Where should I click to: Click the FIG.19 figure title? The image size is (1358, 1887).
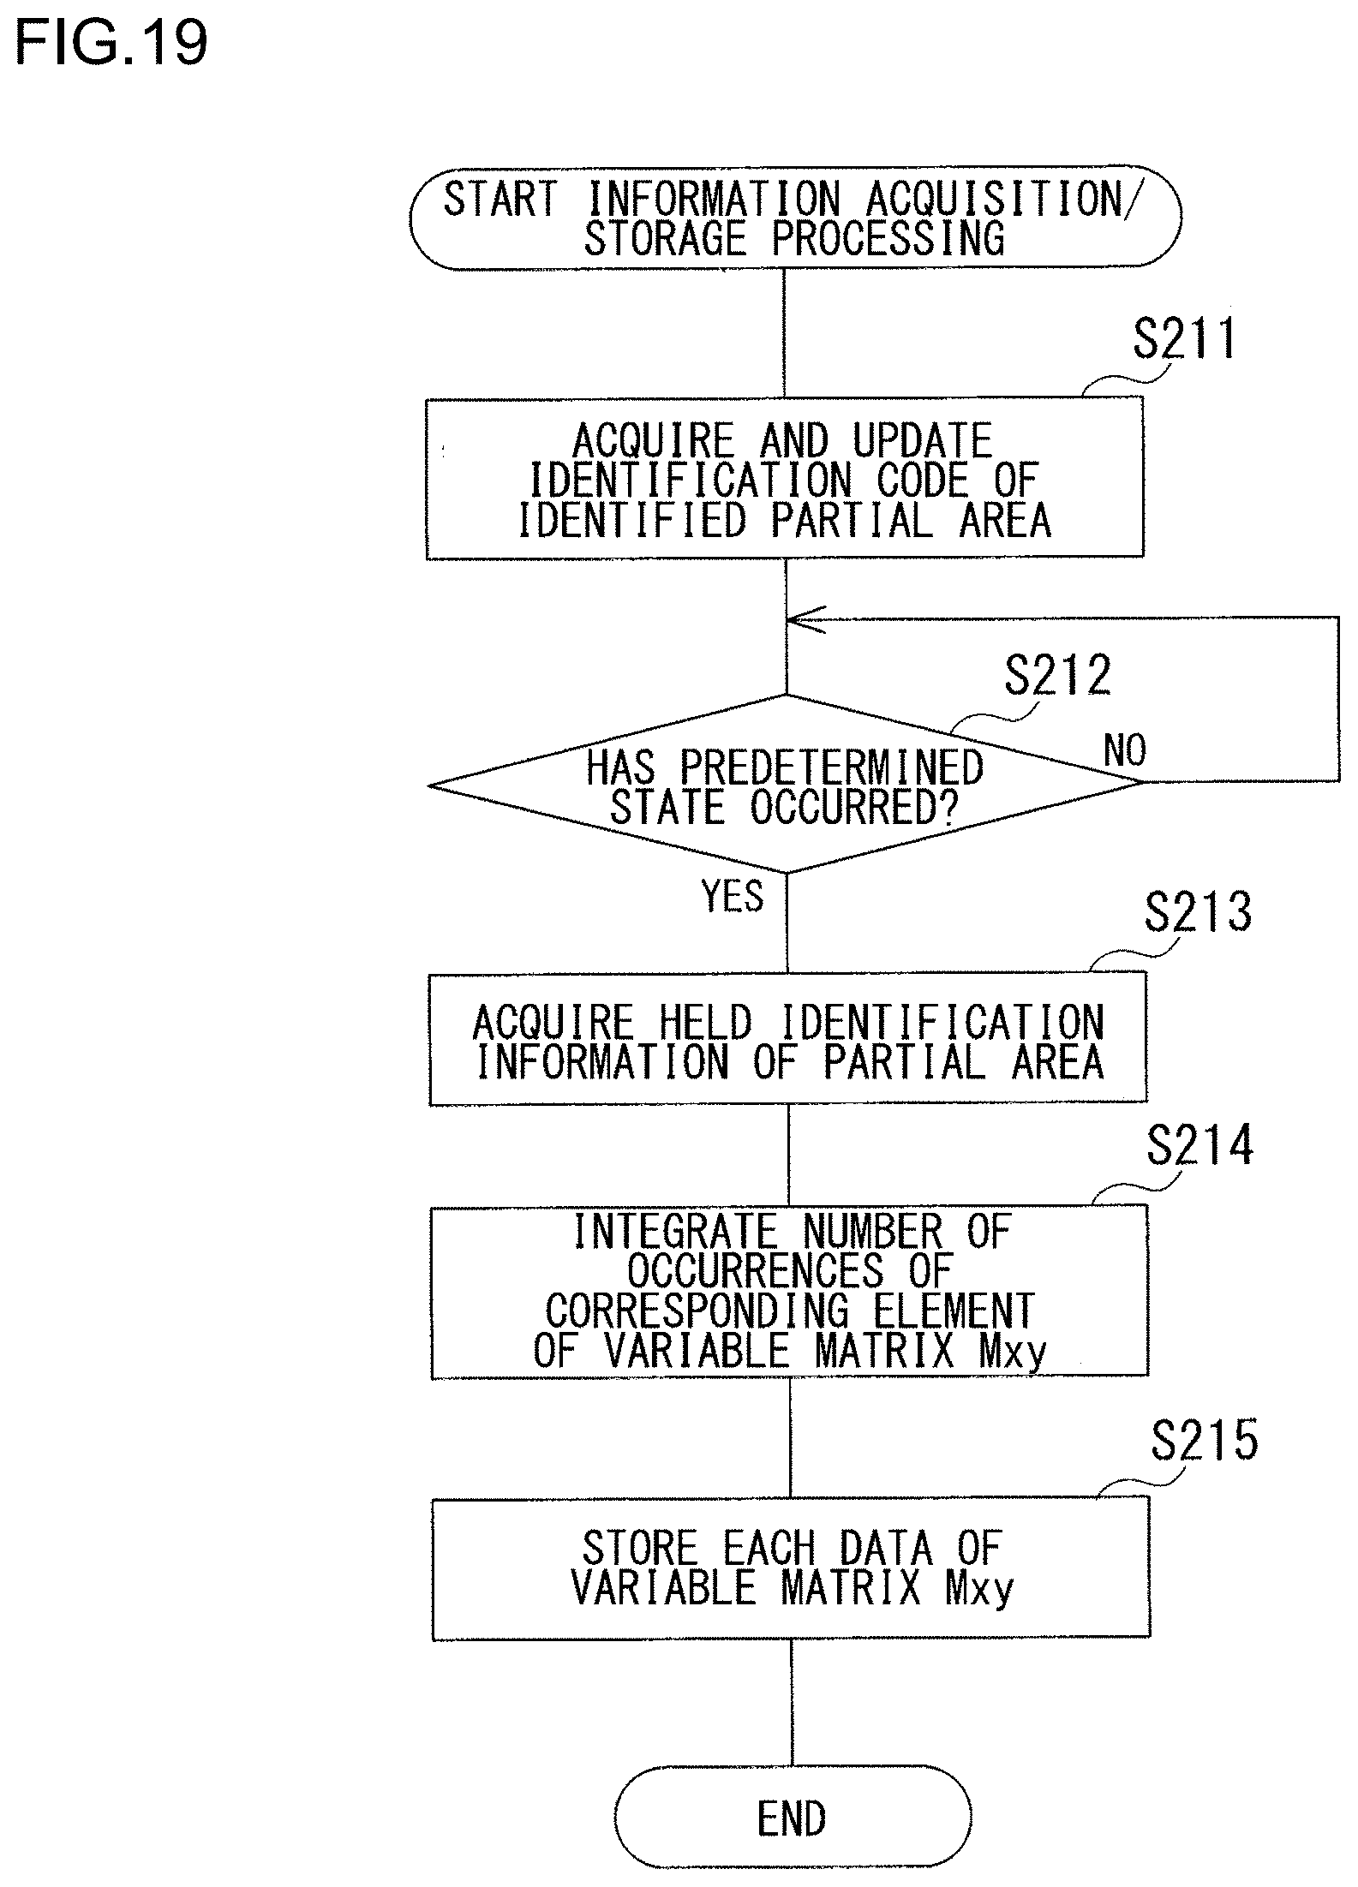pyautogui.click(x=111, y=44)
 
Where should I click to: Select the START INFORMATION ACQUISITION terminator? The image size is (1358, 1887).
pyautogui.click(x=794, y=218)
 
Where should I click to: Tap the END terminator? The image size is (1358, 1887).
pyautogui.click(x=792, y=1818)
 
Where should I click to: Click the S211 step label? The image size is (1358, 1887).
pyautogui.click(x=1184, y=339)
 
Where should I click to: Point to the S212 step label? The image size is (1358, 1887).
pyautogui.click(x=1057, y=676)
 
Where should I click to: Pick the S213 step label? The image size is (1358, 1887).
pyautogui.click(x=1197, y=912)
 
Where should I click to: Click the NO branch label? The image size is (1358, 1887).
pyautogui.click(x=1124, y=751)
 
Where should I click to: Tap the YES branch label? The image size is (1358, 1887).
pyautogui.click(x=733, y=897)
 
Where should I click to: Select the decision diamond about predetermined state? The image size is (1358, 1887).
pyautogui.click(x=786, y=784)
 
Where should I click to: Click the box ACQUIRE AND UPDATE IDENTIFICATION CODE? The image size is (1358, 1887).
pyautogui.click(x=785, y=478)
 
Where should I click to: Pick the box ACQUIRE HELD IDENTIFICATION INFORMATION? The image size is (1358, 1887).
pyautogui.click(x=788, y=1039)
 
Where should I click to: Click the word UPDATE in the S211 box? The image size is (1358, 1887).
pyautogui.click(x=922, y=441)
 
